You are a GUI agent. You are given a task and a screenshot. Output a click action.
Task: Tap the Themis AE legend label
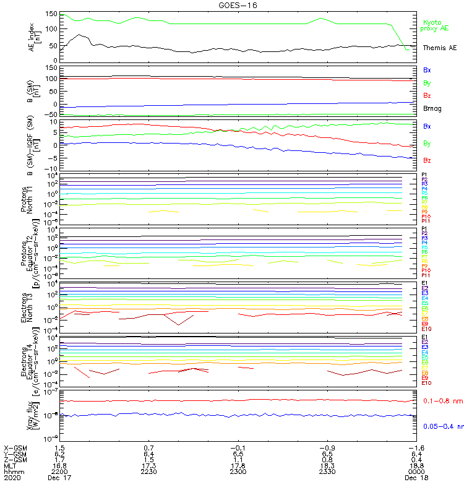(x=439, y=48)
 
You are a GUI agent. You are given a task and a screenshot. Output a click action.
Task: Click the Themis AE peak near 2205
(x=79, y=35)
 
